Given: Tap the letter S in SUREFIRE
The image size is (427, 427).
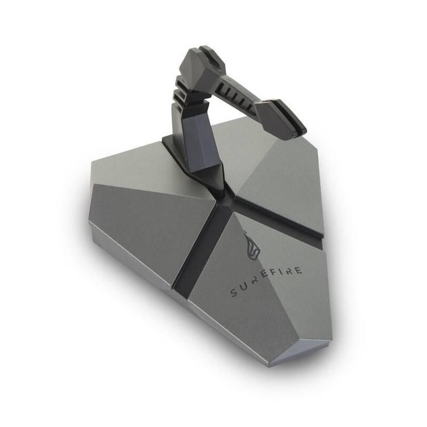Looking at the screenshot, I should [233, 293].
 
